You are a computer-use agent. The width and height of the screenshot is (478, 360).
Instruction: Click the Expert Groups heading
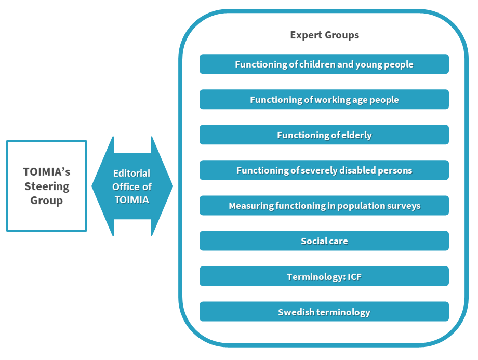324,35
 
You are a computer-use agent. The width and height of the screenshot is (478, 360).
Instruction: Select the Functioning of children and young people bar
324,64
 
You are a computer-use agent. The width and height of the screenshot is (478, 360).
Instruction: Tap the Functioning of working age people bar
324,100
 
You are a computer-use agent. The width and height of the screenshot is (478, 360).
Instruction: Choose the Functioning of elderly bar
324,135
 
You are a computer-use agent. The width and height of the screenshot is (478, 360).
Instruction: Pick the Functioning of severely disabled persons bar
324,170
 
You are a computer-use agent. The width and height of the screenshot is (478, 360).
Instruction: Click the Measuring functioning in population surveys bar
324,206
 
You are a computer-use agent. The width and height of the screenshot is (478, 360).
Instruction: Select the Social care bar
324,241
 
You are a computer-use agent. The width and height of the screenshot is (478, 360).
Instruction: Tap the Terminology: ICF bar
324,276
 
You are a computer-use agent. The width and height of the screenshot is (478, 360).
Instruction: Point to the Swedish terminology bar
324,312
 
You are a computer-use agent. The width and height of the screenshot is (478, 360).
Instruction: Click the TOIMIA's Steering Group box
47,185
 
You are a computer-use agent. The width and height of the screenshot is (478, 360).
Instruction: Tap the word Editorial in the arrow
132,173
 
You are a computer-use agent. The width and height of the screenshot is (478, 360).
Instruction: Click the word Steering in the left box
47,186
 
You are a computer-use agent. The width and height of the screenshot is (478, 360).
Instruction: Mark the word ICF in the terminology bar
354,277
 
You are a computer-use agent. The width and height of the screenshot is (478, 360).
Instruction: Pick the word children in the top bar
317,64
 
